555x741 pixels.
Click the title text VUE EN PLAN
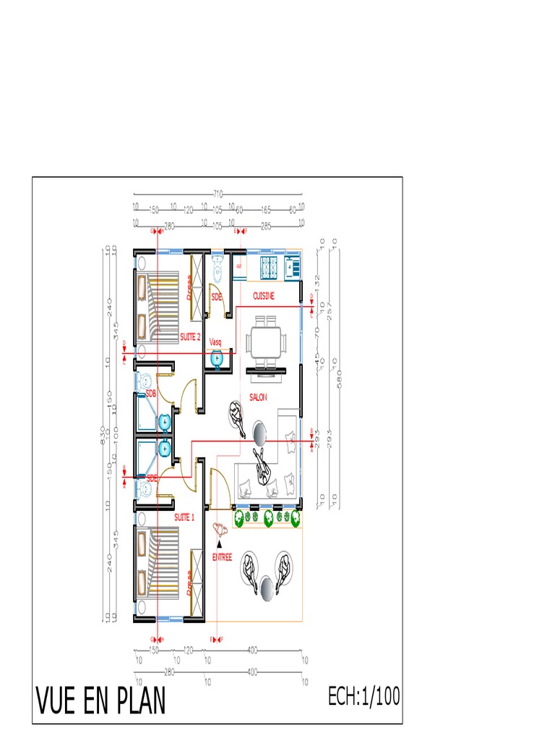click(x=100, y=700)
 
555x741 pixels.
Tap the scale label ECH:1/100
click(x=363, y=697)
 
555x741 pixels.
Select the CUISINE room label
click(x=264, y=296)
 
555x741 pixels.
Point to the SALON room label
click(x=258, y=397)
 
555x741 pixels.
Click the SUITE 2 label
click(x=190, y=337)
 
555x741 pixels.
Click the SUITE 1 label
click(x=184, y=517)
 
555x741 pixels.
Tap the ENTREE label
click(x=222, y=557)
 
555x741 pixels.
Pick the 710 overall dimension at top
click(x=218, y=194)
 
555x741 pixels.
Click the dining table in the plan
click(x=265, y=342)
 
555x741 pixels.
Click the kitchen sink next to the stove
click(x=293, y=266)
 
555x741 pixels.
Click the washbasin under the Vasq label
click(x=215, y=357)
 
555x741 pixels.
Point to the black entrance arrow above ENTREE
click(x=220, y=543)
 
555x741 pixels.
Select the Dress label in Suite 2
click(x=189, y=287)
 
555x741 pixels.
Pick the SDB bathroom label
click(x=151, y=394)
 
